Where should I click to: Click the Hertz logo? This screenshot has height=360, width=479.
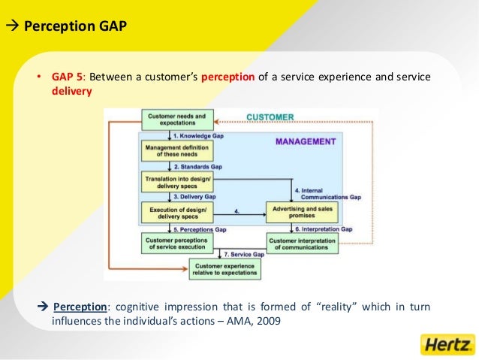pyautogui.click(x=447, y=345)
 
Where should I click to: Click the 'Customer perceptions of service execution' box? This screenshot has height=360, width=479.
pyautogui.click(x=177, y=242)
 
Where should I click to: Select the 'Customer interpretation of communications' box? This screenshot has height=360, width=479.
pyautogui.click(x=302, y=242)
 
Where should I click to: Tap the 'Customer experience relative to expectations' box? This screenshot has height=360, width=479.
pyautogui.click(x=224, y=269)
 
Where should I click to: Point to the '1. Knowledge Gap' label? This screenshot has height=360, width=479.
pyautogui.click(x=198, y=136)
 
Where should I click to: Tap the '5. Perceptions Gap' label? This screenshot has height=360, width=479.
pyautogui.click(x=199, y=228)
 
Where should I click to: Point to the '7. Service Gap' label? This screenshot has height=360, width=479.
pyautogui.click(x=244, y=255)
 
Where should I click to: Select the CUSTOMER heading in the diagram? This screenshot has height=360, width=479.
pyautogui.click(x=270, y=117)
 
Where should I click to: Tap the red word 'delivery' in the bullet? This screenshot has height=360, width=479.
pyautogui.click(x=72, y=92)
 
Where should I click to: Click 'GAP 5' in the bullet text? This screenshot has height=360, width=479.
pyautogui.click(x=66, y=78)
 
